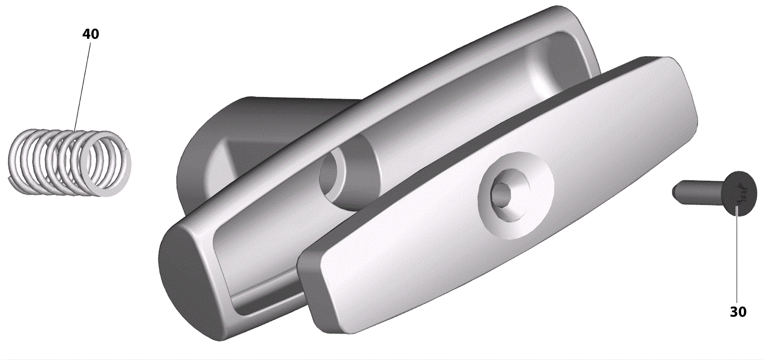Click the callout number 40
pos(90,34)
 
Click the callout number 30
pos(738,312)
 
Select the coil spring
pos(69,163)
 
